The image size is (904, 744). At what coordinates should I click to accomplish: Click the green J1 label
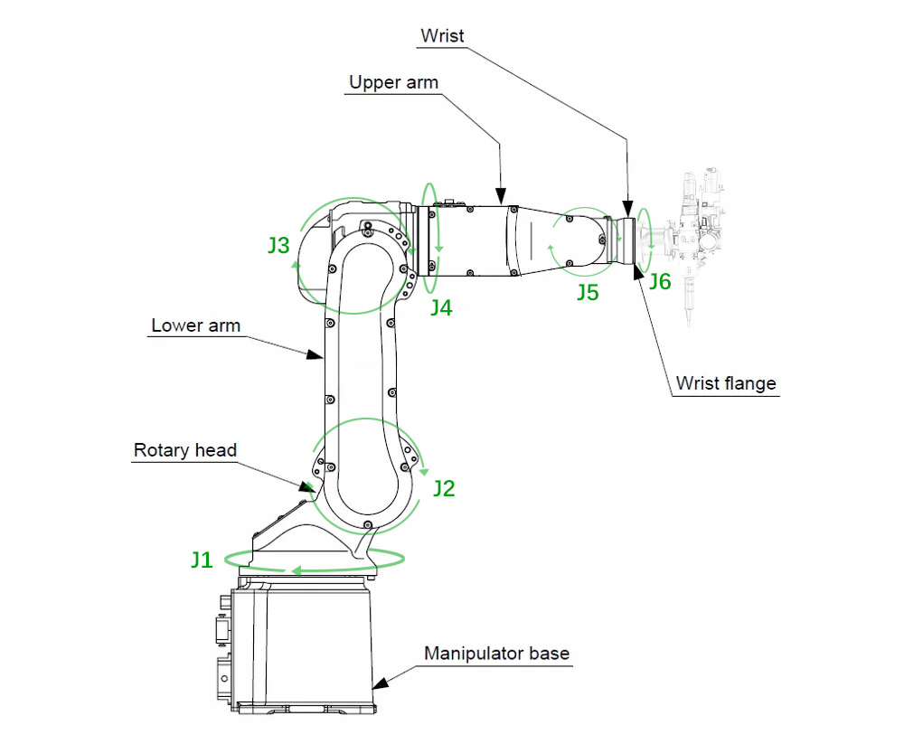(x=201, y=560)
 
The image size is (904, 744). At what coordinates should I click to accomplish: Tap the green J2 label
(x=443, y=489)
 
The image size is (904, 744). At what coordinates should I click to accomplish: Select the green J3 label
(x=278, y=245)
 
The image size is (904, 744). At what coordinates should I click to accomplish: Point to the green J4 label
(x=440, y=307)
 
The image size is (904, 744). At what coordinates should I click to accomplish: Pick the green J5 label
(x=588, y=293)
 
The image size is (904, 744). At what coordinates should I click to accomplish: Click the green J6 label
(x=660, y=282)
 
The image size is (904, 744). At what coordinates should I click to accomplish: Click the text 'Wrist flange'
(x=726, y=383)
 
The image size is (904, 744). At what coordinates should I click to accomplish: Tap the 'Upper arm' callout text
(x=394, y=82)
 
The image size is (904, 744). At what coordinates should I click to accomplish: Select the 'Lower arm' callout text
(x=195, y=325)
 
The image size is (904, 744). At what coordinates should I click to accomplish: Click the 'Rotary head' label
(x=185, y=450)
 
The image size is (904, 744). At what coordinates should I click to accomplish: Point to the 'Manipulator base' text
(x=497, y=653)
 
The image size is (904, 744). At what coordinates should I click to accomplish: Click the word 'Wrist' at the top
(x=442, y=36)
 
